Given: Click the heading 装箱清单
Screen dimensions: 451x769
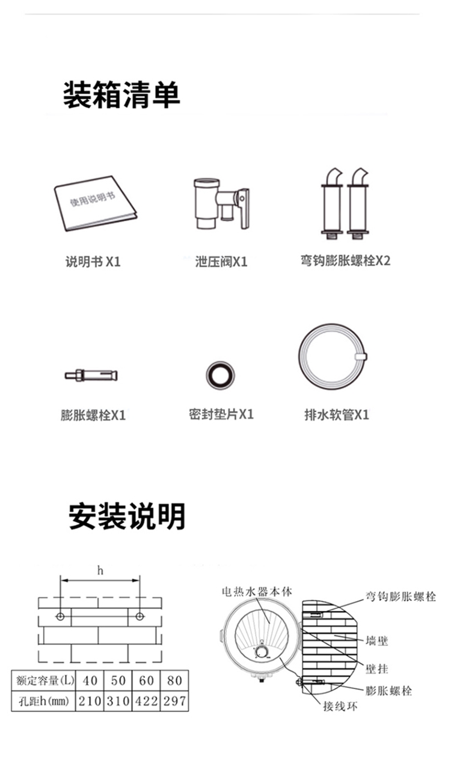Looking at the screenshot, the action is point(121,95).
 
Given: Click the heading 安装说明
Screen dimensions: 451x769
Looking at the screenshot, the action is point(127,516).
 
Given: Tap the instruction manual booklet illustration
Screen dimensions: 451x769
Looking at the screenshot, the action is point(94,203).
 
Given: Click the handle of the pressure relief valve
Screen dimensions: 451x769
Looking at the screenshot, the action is point(244,208).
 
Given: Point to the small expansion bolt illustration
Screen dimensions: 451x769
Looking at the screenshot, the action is point(91,376).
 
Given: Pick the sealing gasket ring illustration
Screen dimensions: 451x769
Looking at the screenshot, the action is point(220,375).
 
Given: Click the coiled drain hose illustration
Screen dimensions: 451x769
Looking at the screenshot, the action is point(333,359).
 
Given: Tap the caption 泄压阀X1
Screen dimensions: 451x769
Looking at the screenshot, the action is point(221,262).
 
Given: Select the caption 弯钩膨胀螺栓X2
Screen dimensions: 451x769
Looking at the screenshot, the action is point(345,261).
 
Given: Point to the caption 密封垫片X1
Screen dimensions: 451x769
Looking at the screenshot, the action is point(221,415).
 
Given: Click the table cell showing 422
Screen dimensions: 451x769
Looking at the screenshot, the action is point(146,701).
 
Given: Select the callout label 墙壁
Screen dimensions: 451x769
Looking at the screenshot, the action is point(377,641).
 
